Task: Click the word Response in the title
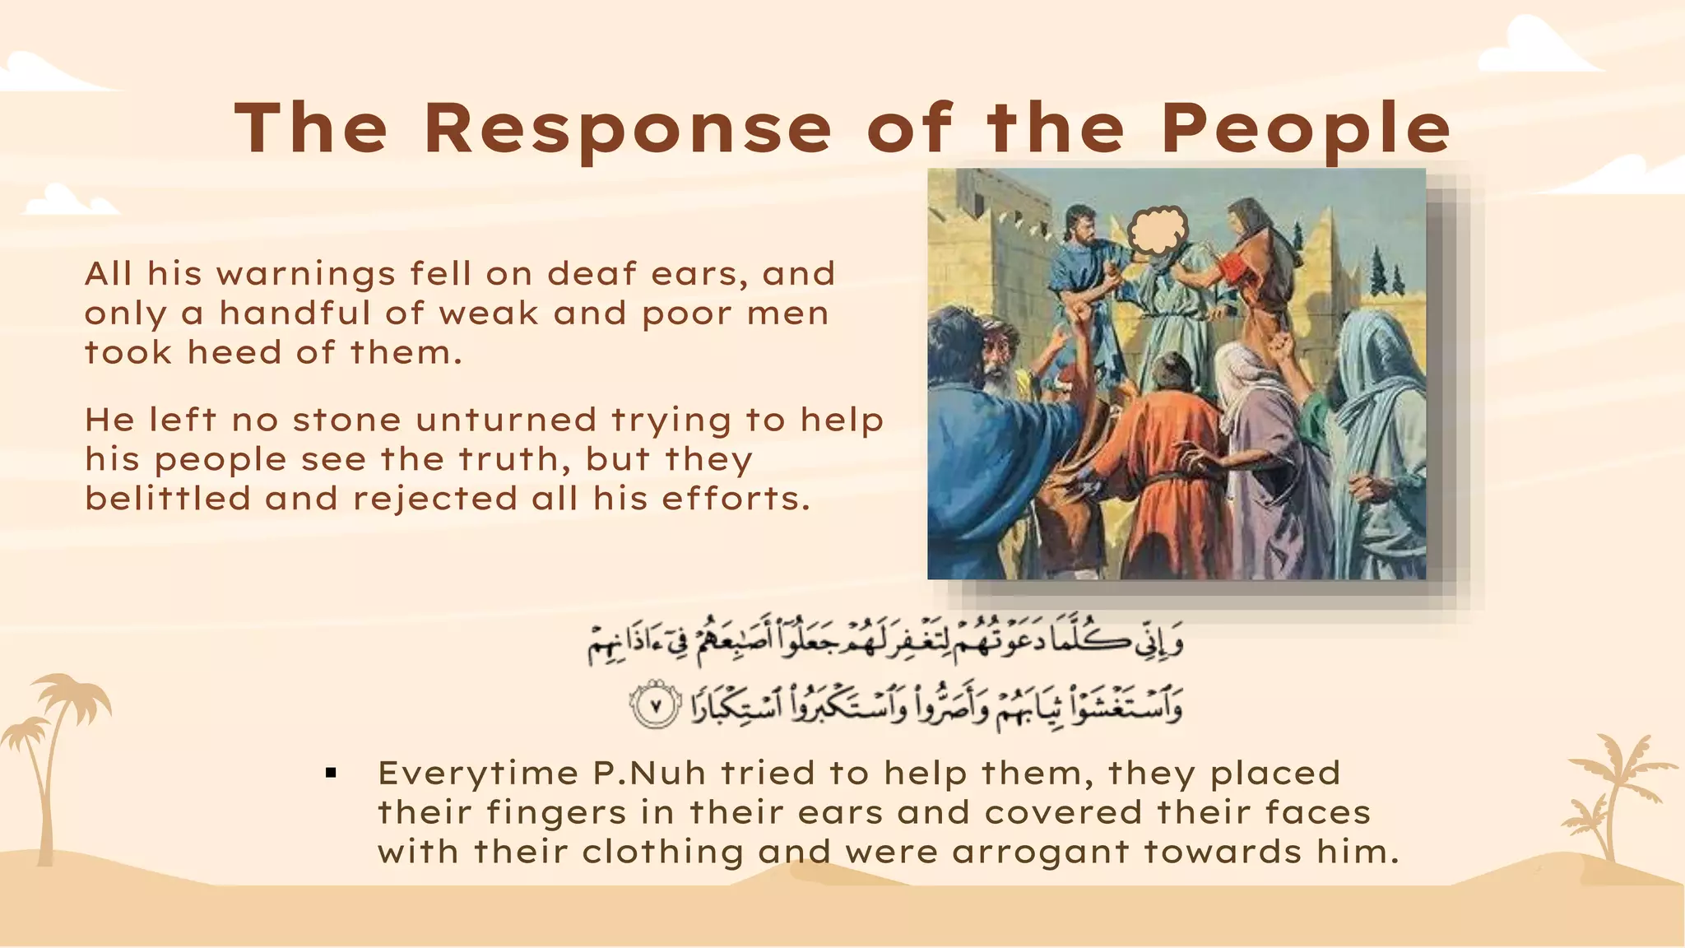[x=629, y=128]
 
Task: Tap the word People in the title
[x=1306, y=130]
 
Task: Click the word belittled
[x=167, y=498]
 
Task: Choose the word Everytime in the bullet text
[x=477, y=774]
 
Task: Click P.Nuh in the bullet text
[x=649, y=774]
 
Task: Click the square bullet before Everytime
[x=332, y=773]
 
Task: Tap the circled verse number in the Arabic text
[x=656, y=707]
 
